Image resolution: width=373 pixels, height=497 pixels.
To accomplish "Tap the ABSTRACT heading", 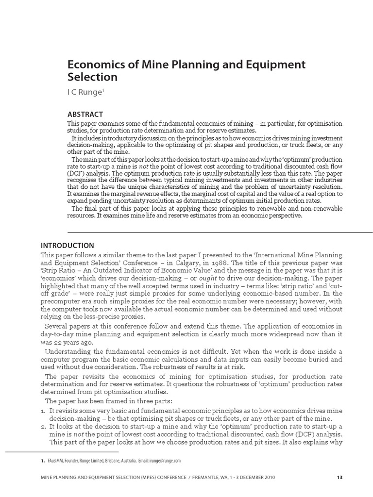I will coord(85,115).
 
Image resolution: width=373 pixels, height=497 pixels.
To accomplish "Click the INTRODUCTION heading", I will coord(68,245).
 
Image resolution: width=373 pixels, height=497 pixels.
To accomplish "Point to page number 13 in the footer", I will coord(339,478).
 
